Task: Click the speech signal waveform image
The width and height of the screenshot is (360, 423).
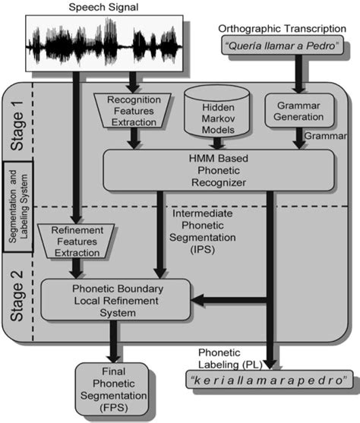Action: coord(106,42)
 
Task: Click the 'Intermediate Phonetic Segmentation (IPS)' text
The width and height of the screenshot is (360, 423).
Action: coord(205,232)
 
